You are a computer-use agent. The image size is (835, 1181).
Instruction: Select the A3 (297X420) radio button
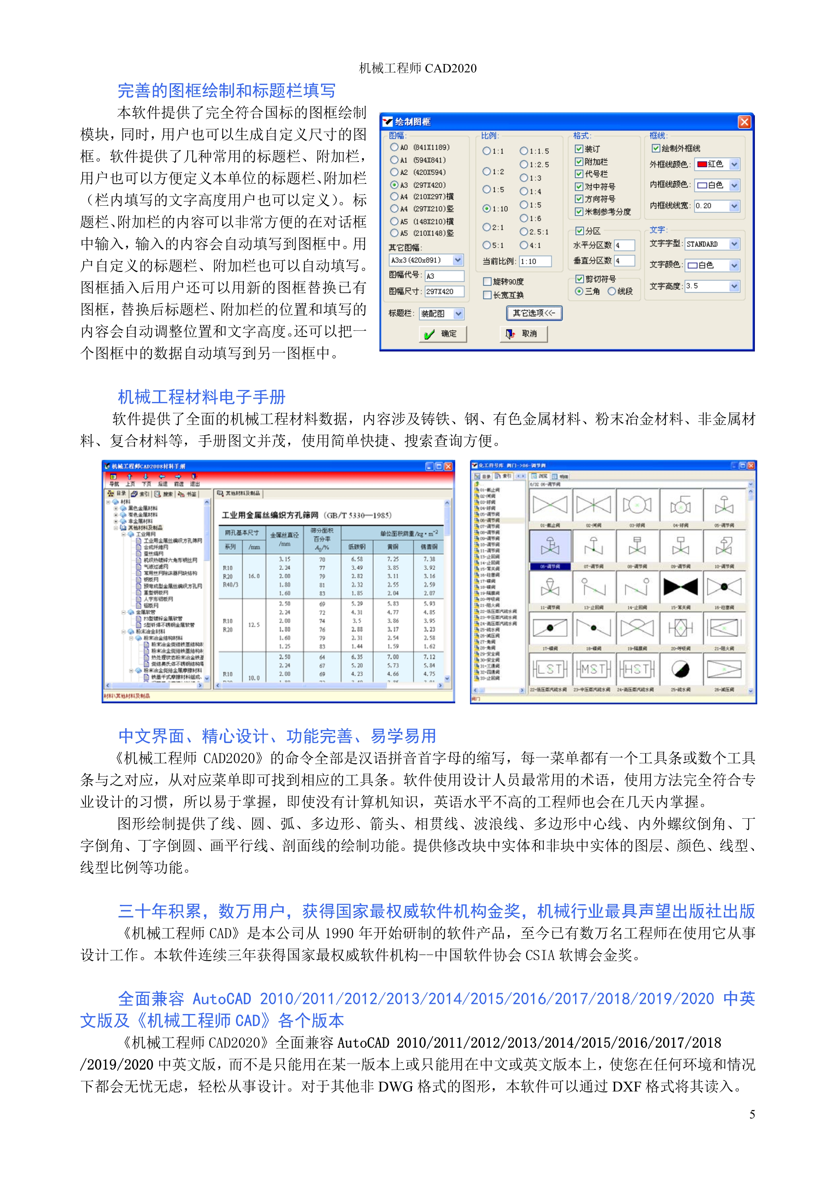395,185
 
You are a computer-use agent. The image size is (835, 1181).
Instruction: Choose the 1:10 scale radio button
487,209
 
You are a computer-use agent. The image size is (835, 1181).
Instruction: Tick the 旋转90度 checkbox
487,281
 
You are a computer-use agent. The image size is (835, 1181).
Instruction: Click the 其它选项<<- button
534,313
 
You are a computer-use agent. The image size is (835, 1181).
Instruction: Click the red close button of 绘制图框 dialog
744,122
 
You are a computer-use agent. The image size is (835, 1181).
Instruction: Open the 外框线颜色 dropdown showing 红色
734,165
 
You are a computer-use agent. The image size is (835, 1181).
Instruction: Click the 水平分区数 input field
624,246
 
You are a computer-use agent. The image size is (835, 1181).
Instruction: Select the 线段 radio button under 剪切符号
612,292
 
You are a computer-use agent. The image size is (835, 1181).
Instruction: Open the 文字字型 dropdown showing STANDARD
734,244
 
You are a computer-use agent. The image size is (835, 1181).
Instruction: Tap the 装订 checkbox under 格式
579,149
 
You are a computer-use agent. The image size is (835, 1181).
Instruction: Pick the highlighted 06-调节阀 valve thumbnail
549,546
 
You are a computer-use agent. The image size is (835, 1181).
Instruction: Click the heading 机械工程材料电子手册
202,397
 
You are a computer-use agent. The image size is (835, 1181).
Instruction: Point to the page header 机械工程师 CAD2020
417,68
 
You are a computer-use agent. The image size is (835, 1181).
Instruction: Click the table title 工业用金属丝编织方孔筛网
270,515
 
